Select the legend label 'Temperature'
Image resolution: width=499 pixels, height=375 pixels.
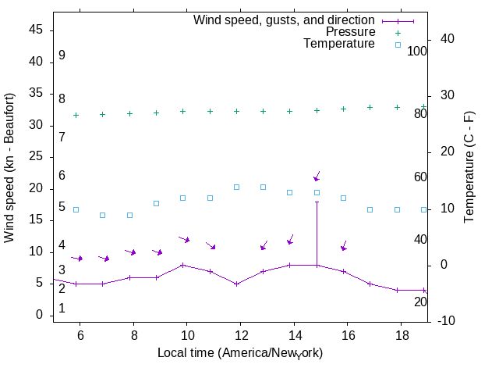click(339, 45)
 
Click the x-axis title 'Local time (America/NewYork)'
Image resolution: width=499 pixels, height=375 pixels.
click(240, 353)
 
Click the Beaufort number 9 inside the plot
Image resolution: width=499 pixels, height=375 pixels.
click(62, 55)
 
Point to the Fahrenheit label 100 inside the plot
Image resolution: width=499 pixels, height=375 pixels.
click(417, 52)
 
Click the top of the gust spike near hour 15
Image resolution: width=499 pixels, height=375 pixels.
click(317, 202)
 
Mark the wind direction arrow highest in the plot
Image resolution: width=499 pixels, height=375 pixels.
click(317, 177)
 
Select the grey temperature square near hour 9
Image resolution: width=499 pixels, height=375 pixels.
click(156, 203)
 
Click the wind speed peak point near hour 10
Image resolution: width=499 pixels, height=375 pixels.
click(182, 265)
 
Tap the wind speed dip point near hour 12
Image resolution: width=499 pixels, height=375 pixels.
click(236, 284)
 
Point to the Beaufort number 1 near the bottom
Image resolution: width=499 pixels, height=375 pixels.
click(62, 309)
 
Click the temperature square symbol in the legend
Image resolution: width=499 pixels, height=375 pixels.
click(398, 45)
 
